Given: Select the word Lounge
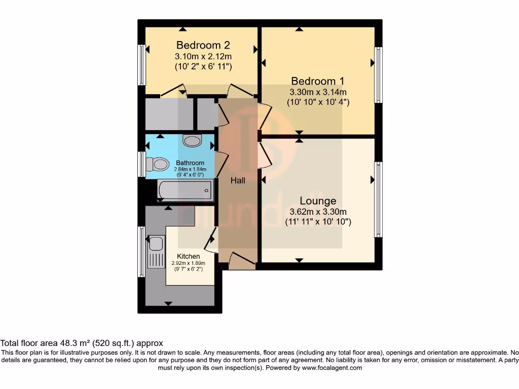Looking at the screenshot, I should point(318,201).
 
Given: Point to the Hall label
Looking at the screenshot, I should point(238,180).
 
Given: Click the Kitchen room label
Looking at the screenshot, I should point(188,256).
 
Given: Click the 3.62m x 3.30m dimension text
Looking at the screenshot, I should point(318,212).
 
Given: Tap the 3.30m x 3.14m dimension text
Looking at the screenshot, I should point(318,92).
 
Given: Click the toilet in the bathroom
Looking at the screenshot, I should point(158,164).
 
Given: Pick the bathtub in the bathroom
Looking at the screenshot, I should point(186,190).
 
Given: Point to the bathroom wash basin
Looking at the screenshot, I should point(192,140).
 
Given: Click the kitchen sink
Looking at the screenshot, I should point(156,244).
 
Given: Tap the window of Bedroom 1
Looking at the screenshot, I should point(378,74).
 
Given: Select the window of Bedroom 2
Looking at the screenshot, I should point(142,64).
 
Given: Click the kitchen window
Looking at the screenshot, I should point(141,251).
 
